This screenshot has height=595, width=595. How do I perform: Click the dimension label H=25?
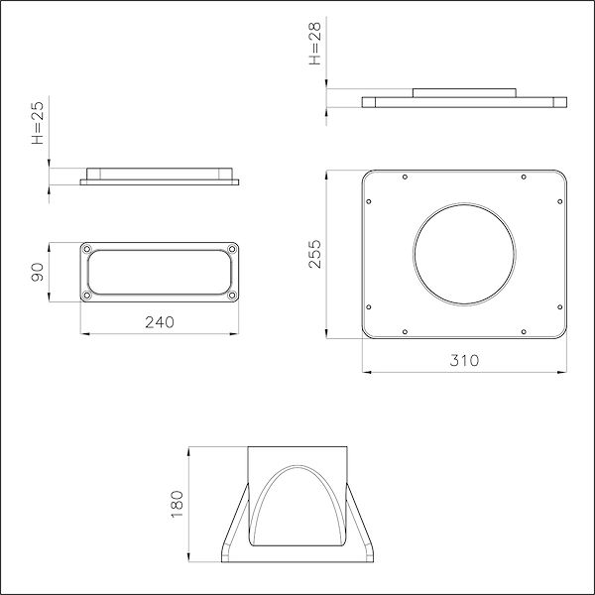point(38,126)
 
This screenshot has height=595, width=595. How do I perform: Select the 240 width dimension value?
point(160,321)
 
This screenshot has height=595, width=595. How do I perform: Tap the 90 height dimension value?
point(38,272)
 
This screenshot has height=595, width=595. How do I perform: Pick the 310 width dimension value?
point(464,360)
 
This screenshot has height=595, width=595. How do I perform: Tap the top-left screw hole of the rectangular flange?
point(86,248)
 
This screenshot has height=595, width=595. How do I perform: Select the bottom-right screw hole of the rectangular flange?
point(232,295)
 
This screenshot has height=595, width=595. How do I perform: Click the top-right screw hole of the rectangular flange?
point(232,248)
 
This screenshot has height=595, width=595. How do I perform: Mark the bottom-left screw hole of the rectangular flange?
point(86,295)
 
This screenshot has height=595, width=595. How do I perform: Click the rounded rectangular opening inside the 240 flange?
point(159,272)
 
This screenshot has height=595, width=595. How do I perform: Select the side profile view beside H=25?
point(160,178)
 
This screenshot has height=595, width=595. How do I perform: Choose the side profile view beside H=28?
point(464,101)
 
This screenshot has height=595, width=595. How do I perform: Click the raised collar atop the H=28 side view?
point(464,92)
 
